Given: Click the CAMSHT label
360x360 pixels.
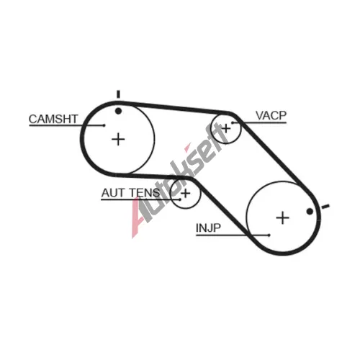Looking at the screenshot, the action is [53, 119].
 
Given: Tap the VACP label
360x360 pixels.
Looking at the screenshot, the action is [271, 115].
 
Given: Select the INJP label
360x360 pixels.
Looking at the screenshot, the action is [208, 228].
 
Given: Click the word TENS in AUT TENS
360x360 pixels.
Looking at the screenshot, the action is [145, 193].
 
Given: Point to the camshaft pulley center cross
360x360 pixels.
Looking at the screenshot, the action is [118, 139].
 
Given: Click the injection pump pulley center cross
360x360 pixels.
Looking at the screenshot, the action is [283, 217].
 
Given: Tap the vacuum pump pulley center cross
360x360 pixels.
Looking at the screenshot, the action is [225, 129].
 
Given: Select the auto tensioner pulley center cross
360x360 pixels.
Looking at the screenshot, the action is [186, 193].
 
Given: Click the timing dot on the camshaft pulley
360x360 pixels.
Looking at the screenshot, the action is [118, 111].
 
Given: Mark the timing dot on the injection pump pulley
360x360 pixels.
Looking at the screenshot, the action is [310, 212].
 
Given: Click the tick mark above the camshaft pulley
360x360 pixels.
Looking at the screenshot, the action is [118, 94].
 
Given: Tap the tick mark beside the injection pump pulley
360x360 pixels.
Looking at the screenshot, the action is [325, 206].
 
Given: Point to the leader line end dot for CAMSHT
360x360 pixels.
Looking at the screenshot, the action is [104, 125].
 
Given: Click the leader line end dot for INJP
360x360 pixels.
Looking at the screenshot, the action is [269, 235].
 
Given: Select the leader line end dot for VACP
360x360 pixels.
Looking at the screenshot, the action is [233, 122].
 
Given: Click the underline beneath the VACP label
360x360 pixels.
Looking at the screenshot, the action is [259, 122].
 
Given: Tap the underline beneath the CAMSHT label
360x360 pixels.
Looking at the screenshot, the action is [67, 125].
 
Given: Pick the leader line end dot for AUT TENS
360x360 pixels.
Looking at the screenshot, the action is [180, 199].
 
